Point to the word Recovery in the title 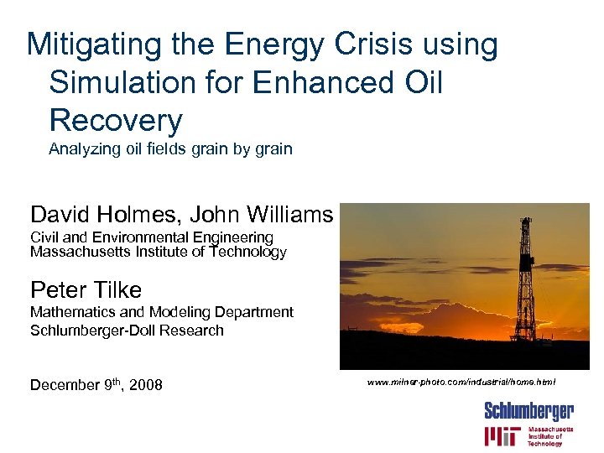click(116, 121)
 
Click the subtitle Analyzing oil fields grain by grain click(170, 149)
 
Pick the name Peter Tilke click(86, 290)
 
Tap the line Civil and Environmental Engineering click(152, 237)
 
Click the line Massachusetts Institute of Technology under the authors click(159, 252)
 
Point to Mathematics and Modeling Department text click(162, 312)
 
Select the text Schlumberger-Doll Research click(127, 330)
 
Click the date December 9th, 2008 click(96, 385)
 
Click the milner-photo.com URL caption click(461, 382)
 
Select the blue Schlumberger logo click(528, 410)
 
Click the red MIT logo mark click(502, 436)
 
